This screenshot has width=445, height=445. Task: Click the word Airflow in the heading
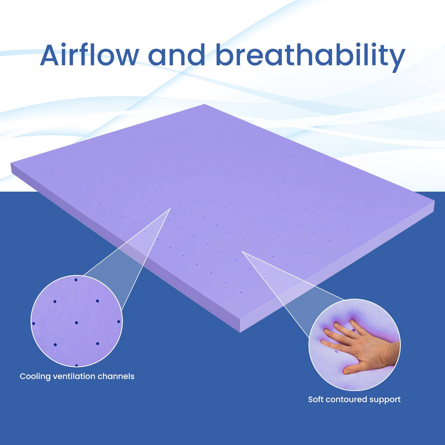89,56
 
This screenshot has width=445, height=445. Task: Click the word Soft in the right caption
316,399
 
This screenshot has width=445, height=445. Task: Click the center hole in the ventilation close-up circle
77,322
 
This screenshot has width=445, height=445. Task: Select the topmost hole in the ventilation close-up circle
76,279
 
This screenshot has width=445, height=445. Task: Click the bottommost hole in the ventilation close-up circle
77,365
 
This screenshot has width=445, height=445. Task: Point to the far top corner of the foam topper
204,104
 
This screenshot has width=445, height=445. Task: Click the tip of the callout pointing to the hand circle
242,251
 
